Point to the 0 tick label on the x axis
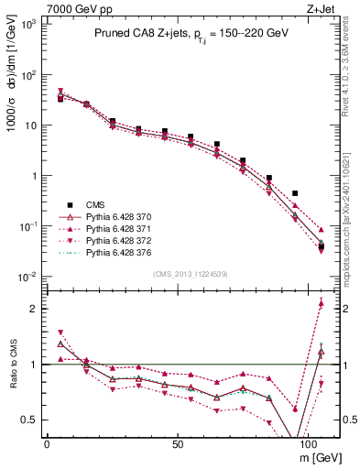(x=47, y=443)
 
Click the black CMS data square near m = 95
(x=295, y=193)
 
